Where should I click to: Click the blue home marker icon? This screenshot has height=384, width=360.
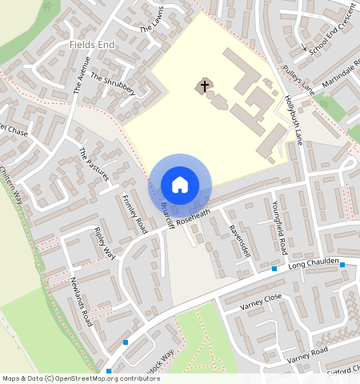click(180, 185)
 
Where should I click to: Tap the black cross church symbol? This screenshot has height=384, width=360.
click(204, 86)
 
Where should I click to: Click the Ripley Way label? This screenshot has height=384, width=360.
click(104, 244)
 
